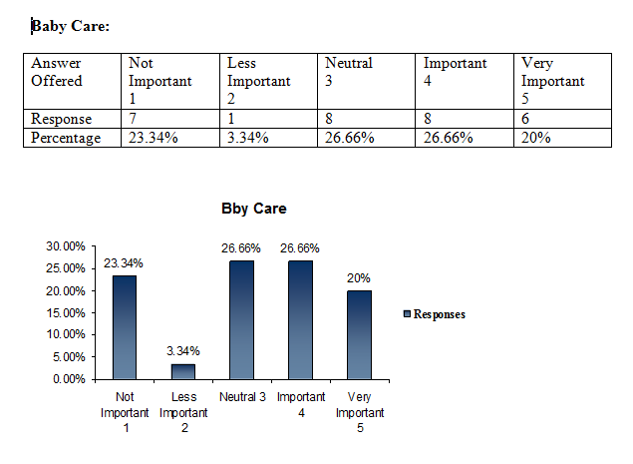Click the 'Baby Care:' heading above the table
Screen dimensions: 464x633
(x=70, y=25)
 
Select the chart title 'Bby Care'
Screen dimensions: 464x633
(x=253, y=210)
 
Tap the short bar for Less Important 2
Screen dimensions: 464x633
(x=182, y=371)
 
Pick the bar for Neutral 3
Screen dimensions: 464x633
(x=240, y=319)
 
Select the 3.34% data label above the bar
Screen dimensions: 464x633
(x=182, y=351)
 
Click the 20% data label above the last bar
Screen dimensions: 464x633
(x=357, y=278)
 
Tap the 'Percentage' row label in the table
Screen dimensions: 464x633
(x=66, y=138)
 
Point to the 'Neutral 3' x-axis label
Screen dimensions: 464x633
(x=240, y=398)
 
